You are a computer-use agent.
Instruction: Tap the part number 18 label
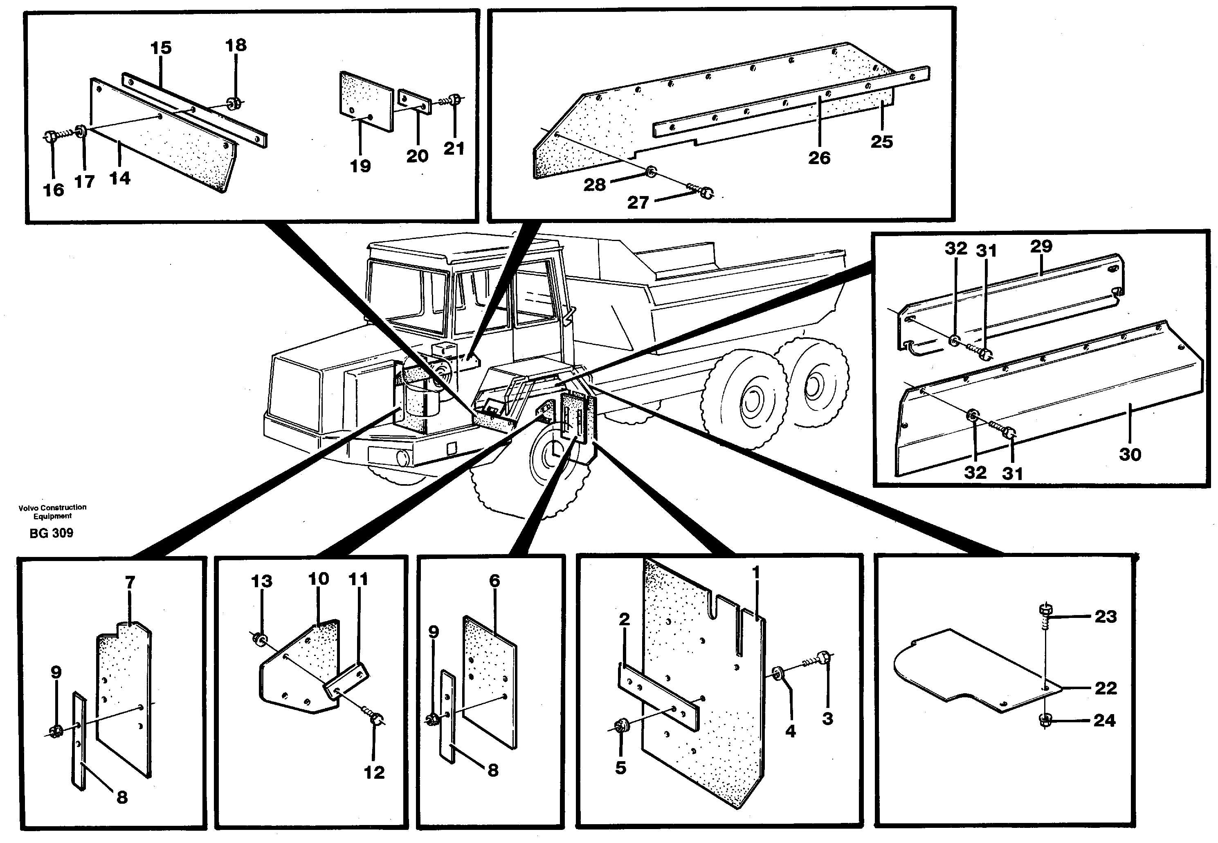point(236,45)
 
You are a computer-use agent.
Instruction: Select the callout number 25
point(881,142)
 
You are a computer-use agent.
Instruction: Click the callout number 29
point(1040,246)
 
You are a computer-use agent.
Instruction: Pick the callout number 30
point(1130,454)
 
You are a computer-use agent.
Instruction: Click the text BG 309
point(51,533)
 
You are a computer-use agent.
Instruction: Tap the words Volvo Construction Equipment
point(52,511)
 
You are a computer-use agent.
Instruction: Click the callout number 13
point(261,582)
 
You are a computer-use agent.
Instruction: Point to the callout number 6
point(494,581)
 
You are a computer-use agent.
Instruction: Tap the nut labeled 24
point(1044,720)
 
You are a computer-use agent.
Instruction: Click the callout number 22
point(1106,688)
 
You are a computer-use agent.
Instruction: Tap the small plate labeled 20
point(414,101)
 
